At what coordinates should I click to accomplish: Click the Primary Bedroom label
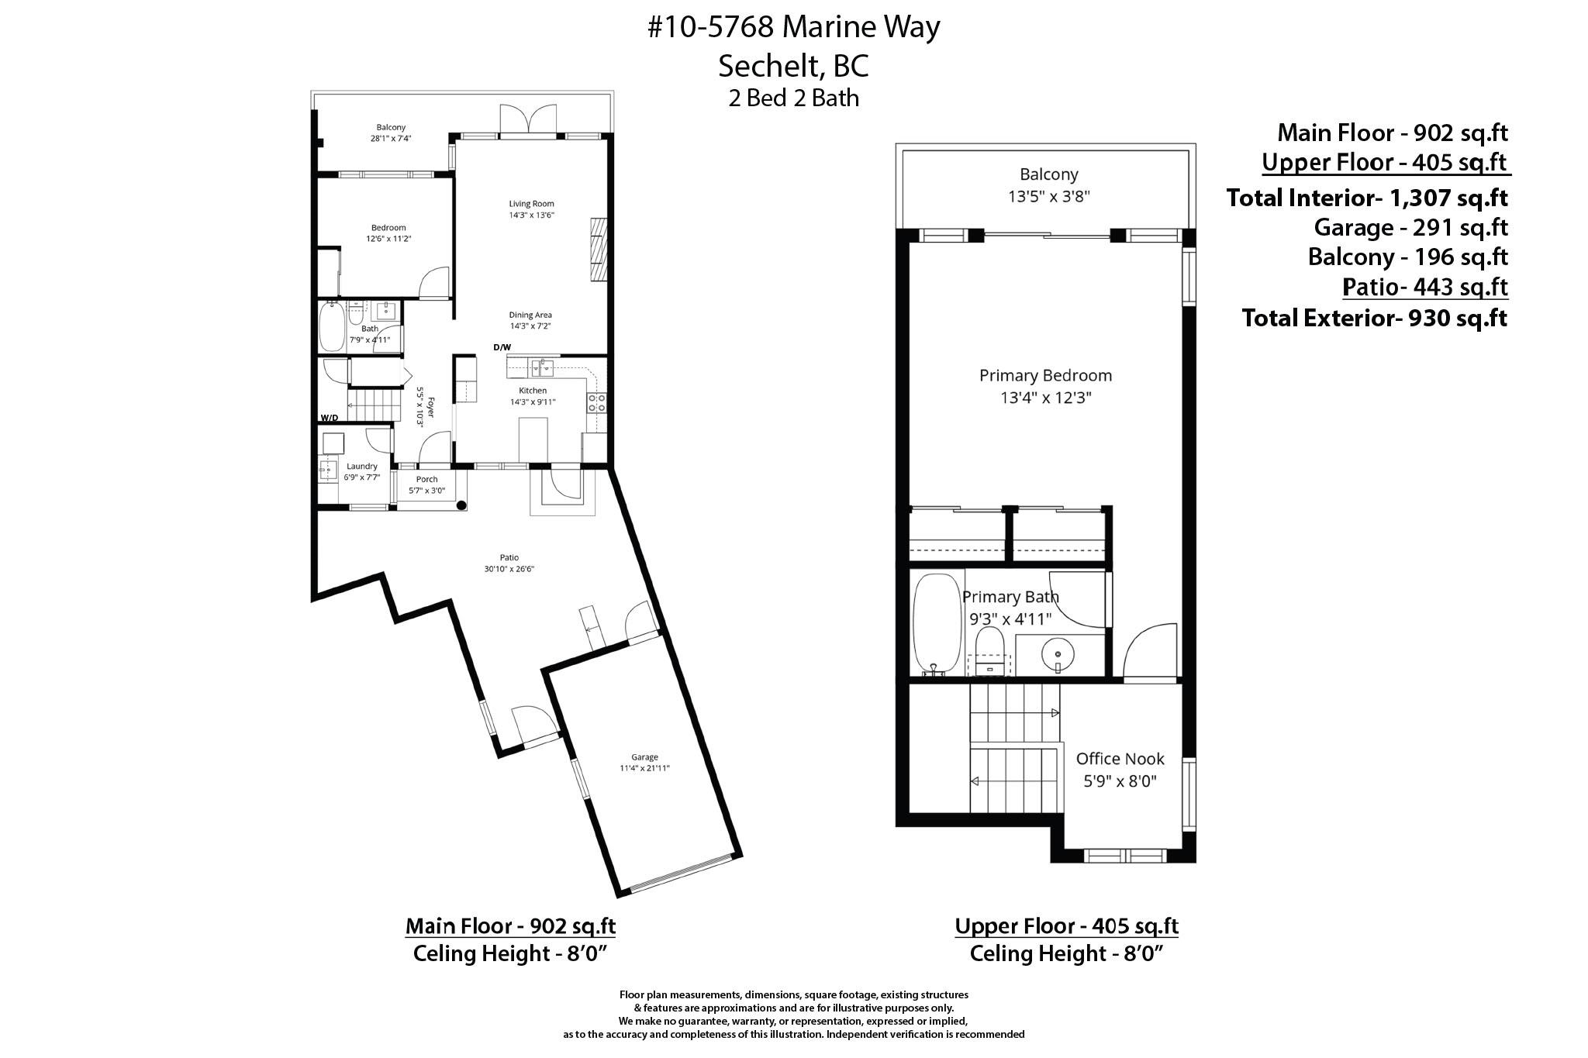[x=1045, y=376]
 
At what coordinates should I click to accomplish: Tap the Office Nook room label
[x=1120, y=759]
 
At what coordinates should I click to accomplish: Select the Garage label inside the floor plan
[x=644, y=757]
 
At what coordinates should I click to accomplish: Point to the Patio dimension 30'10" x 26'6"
[x=509, y=569]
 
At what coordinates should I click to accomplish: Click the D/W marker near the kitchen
[x=502, y=347]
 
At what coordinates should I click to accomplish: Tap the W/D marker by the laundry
[x=330, y=418]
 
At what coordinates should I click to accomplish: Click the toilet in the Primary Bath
[x=989, y=651]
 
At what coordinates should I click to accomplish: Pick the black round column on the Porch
[x=461, y=505]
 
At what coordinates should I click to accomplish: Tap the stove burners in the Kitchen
[x=597, y=402]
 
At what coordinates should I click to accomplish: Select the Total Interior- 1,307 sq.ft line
[x=1367, y=198]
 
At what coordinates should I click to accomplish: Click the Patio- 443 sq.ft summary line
[x=1425, y=287]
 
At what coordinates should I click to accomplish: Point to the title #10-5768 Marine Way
[x=794, y=27]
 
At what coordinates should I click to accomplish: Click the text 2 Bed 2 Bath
[x=794, y=98]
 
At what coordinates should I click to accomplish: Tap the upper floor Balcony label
[x=1049, y=174]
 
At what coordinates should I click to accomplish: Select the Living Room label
[x=531, y=204]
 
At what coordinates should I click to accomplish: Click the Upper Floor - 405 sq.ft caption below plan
[x=1067, y=926]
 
